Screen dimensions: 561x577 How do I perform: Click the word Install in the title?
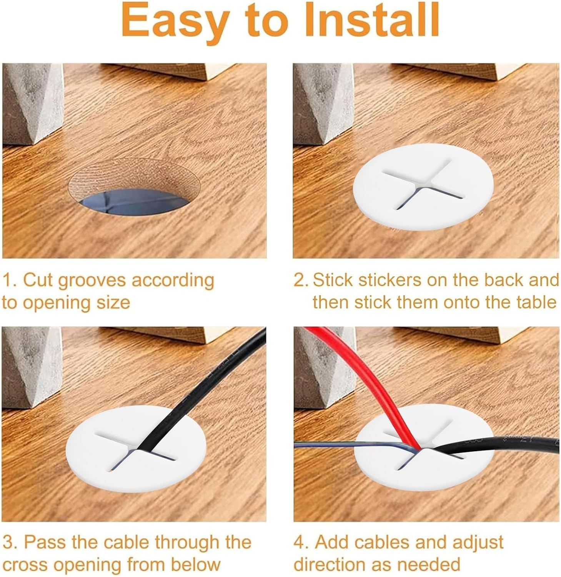pos(364,20)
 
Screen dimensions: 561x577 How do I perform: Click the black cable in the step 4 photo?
pos(496,446)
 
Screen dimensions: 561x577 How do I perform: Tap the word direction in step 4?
pos(326,565)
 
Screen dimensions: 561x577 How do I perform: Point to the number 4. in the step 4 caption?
pos(302,542)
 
